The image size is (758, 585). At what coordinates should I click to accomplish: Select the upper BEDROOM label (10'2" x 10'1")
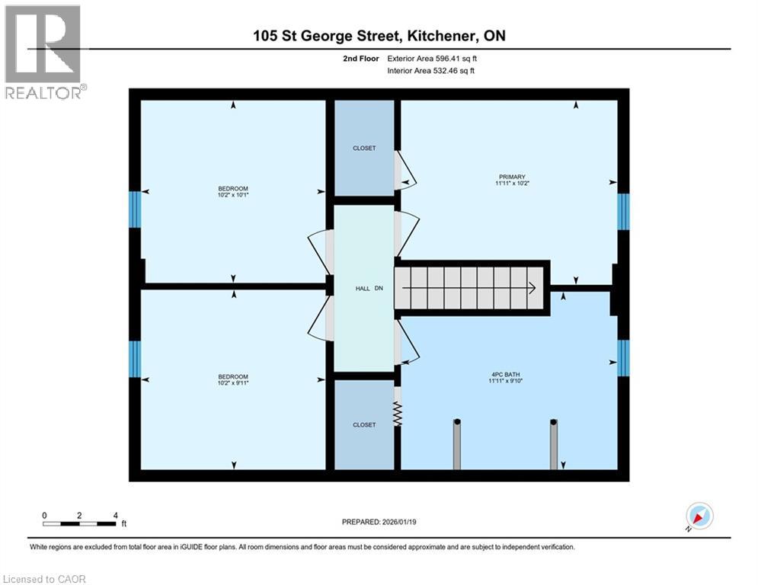pos(233,189)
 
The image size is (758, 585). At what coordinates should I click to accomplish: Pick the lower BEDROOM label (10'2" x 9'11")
pos(233,377)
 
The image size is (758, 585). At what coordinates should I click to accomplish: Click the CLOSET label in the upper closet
pos(364,149)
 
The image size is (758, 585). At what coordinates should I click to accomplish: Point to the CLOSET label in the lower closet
pos(364,424)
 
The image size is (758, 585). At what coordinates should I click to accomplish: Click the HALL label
pos(363,289)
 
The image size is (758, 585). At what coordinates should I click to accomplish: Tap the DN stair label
pos(379,289)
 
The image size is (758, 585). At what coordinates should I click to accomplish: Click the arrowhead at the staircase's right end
pos(532,288)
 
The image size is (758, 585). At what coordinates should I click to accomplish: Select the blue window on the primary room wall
pos(623,212)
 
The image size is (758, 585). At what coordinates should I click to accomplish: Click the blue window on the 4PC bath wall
pos(623,358)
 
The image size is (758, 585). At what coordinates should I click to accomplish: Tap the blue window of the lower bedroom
pos(135,359)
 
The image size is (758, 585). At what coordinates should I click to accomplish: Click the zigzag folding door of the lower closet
pos(397,414)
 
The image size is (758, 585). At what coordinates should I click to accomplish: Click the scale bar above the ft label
pos(79,523)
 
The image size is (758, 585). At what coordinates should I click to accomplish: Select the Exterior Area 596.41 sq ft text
pos(433,58)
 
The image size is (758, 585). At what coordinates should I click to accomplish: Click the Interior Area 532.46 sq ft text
pos(433,71)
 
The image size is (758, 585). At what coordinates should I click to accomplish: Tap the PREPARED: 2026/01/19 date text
pos(379,522)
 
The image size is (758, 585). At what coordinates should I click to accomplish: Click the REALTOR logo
pos(43,52)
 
